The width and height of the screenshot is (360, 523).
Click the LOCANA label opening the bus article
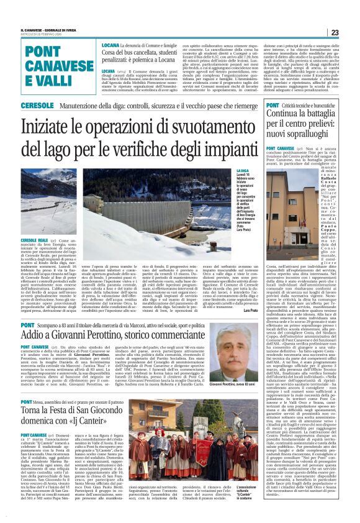110,46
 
